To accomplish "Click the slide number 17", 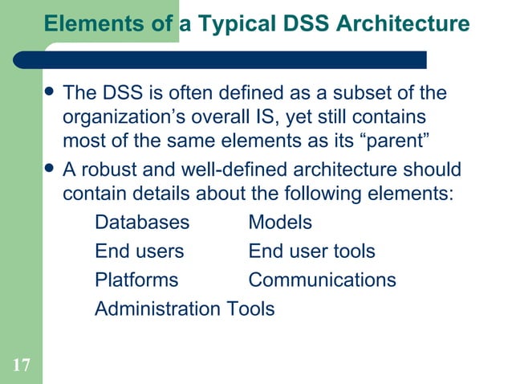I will point(22,366).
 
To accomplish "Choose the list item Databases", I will point(142,223).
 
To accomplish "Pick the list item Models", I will point(280,223).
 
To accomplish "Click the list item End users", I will point(139,251).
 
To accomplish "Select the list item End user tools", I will point(311,251).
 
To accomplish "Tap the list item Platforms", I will point(136,280).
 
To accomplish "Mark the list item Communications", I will point(322,280).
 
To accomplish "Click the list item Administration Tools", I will point(185,308).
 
